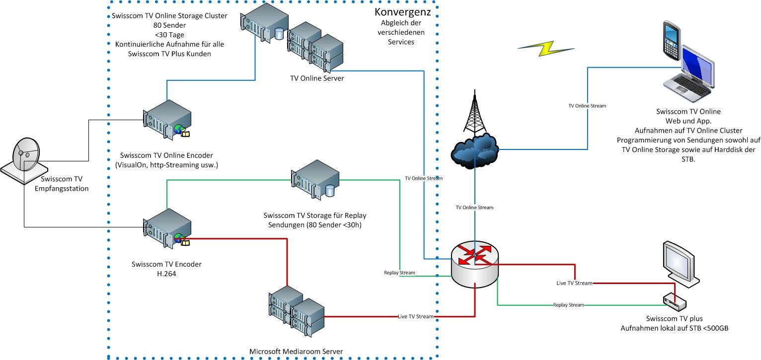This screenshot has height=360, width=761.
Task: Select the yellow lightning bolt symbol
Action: [x=546, y=48]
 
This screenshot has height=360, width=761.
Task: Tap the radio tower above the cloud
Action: [x=474, y=114]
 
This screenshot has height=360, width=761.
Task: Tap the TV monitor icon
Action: [x=681, y=263]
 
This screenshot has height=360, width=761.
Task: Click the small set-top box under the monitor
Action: [x=674, y=300]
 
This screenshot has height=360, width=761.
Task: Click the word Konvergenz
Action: [x=402, y=12]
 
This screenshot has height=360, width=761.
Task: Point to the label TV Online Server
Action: [x=317, y=78]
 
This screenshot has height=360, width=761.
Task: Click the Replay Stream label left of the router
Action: [x=399, y=273]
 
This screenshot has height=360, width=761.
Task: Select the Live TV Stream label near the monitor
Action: [x=574, y=283]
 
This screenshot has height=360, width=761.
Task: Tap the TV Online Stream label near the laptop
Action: [x=587, y=106]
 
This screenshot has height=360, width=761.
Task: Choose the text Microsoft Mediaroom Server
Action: [x=296, y=352]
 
